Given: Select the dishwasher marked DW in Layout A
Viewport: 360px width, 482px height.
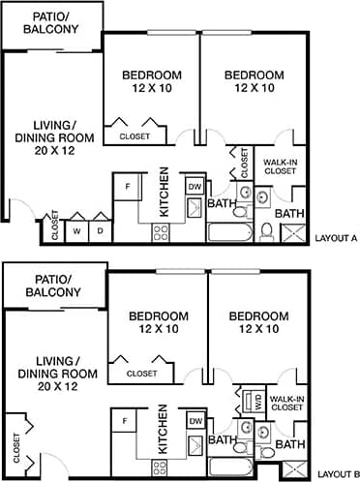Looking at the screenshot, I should tap(194, 186).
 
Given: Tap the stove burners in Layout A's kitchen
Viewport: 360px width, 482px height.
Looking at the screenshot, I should tap(161, 231).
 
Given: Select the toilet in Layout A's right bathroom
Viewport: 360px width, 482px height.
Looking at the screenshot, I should tap(266, 229).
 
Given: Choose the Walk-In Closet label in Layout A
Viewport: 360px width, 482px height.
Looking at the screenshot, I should tap(281, 167).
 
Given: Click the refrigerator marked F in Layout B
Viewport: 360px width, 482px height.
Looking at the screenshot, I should tap(126, 421).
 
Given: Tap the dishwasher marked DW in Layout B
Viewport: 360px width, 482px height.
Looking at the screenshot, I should tap(195, 421).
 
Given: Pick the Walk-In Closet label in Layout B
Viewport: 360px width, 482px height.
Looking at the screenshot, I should tap(287, 403).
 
